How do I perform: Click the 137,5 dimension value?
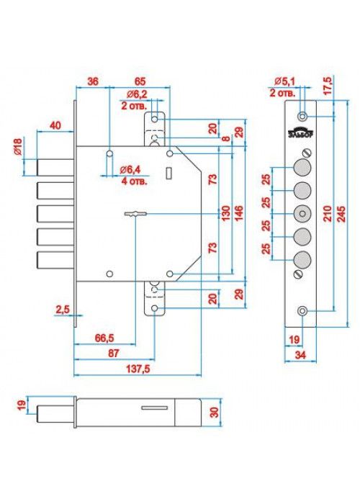coord(138,369)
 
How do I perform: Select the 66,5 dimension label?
coord(104,338)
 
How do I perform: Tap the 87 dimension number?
coord(113,354)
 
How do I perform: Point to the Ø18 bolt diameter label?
coord(18,146)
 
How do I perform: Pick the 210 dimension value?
coord(327,214)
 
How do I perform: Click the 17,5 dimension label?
coord(328,86)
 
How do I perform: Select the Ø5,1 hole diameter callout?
coord(284,81)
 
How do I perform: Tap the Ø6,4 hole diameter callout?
coord(130,170)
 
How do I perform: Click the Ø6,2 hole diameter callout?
coord(137,94)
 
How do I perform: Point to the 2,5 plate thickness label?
coord(63,310)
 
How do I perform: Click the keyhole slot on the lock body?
coord(135,214)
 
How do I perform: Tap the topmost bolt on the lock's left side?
coord(55,168)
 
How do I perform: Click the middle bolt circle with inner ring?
coord(302,214)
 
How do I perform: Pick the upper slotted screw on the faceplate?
coord(307,153)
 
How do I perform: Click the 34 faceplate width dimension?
coord(300,355)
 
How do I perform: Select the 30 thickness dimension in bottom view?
coord(214,413)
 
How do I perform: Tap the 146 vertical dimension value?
coord(239,213)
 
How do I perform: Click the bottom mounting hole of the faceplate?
coord(302,311)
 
